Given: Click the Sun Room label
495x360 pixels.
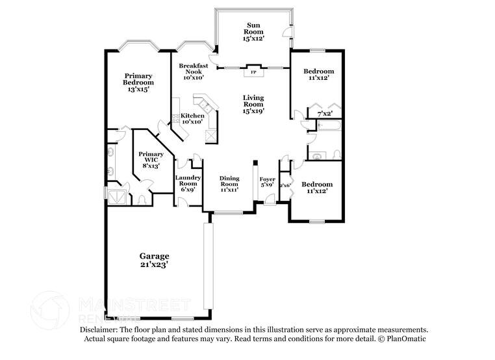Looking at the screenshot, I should pos(253,31).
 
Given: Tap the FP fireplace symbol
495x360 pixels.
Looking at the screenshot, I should pos(253,72).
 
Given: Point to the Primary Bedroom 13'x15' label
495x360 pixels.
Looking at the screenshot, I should pos(138,83).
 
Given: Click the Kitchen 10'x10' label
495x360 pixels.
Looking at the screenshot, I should pos(192,118).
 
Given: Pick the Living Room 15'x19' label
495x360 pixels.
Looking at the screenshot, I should pos(253,104).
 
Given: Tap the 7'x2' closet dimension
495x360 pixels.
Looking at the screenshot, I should pos(324,114).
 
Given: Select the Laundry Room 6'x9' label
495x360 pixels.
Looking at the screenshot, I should pos(188,183).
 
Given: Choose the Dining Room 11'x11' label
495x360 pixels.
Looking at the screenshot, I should pos(229,183).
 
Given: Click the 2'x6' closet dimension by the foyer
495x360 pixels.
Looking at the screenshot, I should pos(284,185).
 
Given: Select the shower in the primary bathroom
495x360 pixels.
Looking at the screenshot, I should pos(118,196).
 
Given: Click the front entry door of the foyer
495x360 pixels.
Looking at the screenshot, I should pos(269,206).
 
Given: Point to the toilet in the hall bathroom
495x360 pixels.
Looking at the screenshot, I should pos(335,155).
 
